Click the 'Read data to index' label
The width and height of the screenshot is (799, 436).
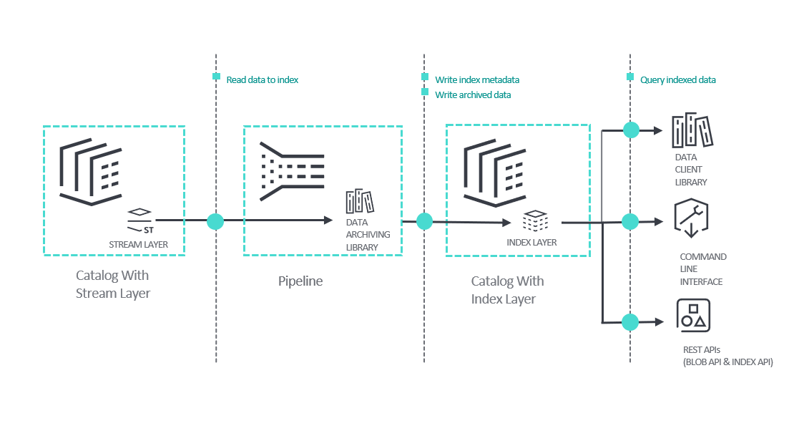click(x=262, y=80)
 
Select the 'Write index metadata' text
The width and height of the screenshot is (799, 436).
click(x=477, y=79)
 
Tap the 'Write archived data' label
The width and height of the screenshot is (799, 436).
click(x=473, y=95)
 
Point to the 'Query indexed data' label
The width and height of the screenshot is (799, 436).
click(x=677, y=80)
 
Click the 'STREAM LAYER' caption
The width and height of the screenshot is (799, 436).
click(x=138, y=245)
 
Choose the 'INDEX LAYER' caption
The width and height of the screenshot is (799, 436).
click(x=531, y=242)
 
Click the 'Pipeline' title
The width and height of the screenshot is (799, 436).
click(x=300, y=281)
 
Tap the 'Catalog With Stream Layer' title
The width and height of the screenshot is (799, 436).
click(x=113, y=284)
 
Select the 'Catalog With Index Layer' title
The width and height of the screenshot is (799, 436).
click(x=507, y=290)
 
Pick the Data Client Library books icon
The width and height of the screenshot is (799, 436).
click(x=693, y=130)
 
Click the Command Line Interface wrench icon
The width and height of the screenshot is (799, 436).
click(x=691, y=218)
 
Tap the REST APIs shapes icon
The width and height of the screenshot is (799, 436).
click(x=692, y=316)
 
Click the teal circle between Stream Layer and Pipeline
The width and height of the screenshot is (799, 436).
click(x=215, y=221)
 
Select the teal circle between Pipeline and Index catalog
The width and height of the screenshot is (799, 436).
click(x=424, y=221)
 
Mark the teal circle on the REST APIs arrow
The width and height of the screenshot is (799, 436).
click(x=630, y=322)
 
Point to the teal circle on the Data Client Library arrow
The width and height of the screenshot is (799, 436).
click(x=630, y=130)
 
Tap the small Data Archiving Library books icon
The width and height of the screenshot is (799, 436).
click(x=360, y=201)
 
